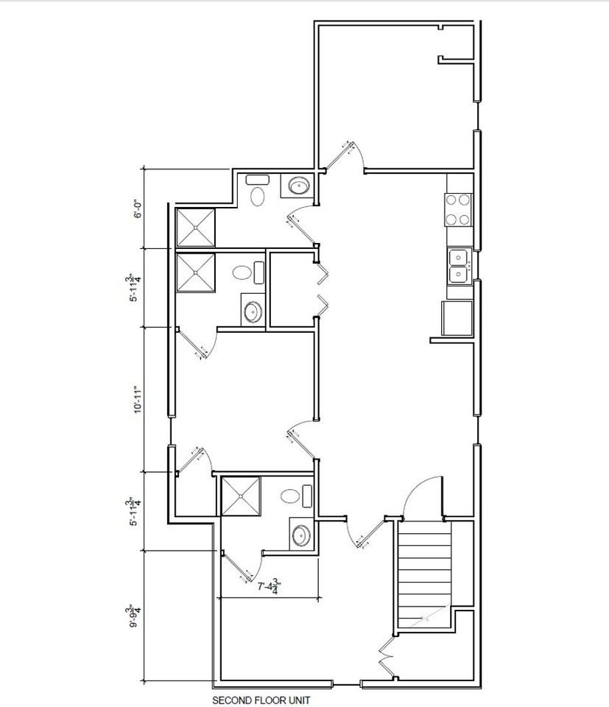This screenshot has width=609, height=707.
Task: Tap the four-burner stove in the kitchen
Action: (x=457, y=209)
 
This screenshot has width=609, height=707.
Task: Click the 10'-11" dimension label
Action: (x=137, y=398)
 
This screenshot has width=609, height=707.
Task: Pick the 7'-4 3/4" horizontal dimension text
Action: (x=268, y=588)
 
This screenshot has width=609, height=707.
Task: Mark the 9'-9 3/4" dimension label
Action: (x=135, y=616)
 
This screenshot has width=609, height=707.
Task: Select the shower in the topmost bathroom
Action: (x=195, y=228)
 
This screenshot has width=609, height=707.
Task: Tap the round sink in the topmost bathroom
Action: (x=298, y=186)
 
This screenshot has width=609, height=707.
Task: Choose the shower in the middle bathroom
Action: (x=195, y=272)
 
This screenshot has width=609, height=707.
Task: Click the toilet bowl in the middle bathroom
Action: (x=242, y=273)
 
